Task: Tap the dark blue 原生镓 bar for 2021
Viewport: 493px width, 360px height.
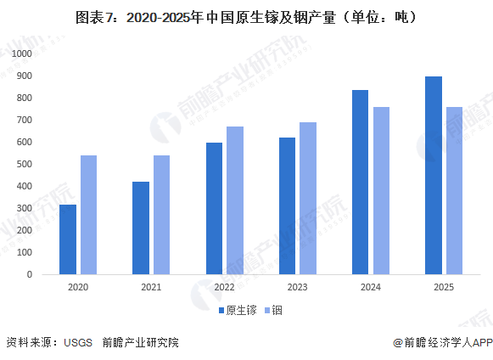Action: coord(141,228)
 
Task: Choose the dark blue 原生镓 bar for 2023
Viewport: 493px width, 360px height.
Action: coord(287,206)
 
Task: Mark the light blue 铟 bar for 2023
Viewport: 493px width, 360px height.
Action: coord(307,199)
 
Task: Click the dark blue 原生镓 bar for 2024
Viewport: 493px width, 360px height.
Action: coord(360,183)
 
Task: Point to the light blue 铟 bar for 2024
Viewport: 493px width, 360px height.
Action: coord(381,191)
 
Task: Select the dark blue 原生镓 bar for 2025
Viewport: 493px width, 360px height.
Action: coord(433,176)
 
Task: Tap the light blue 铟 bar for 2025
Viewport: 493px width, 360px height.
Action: coord(454,191)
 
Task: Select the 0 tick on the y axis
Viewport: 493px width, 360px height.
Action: coord(29,274)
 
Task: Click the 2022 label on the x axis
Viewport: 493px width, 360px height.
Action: coord(225,289)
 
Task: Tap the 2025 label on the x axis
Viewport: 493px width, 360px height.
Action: coord(444,289)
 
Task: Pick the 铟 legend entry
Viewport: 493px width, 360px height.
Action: coord(272,311)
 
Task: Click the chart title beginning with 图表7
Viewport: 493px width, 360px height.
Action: coord(246,16)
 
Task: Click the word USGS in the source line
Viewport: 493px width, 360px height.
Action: coord(76,343)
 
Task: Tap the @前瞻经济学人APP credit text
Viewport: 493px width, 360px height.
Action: coord(442,343)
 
